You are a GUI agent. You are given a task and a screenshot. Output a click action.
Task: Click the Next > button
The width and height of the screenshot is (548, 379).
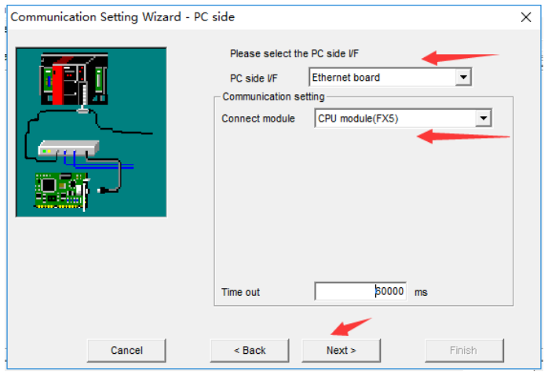pos(341,350)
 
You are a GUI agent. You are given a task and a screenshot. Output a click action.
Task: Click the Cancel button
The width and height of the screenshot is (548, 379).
pos(126,350)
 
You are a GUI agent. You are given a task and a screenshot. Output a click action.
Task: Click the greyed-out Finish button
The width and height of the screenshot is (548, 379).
pos(463,350)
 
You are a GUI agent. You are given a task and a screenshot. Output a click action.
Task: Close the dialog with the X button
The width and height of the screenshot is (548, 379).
pos(525,16)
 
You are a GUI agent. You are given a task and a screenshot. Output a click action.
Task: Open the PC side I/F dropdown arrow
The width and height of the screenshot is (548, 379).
pos(463,78)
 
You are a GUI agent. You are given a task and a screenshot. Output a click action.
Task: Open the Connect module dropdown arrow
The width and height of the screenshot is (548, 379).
pos(484,118)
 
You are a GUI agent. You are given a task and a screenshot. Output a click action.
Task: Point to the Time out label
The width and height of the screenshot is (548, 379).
pos(240,292)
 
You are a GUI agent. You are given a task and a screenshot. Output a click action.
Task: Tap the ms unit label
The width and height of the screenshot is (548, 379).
pos(421,292)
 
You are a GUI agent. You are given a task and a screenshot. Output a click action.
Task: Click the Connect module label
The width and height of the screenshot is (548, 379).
pos(258,118)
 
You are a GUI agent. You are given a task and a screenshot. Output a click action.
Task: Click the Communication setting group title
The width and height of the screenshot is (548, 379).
pos(273,97)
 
